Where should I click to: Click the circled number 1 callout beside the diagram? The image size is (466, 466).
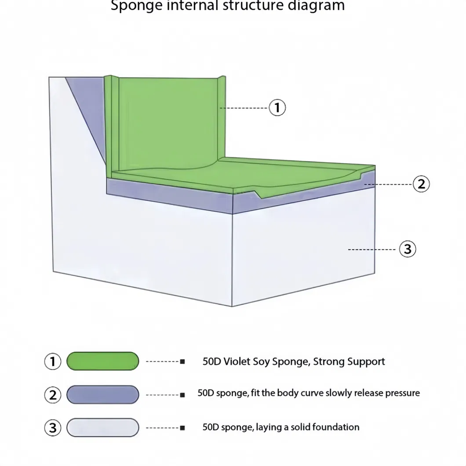[x=277, y=107]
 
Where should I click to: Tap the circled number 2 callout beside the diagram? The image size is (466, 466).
[x=421, y=184]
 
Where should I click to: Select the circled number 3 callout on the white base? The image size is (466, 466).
[x=408, y=249]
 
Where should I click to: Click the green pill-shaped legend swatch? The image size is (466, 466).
[x=103, y=361]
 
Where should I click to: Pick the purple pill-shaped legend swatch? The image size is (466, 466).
[x=103, y=394]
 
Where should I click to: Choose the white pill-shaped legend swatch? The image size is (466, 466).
[x=103, y=427]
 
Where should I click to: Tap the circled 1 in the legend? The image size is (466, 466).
[x=53, y=361]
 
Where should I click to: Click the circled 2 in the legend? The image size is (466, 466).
[x=53, y=394]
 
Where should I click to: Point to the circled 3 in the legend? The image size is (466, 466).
[x=53, y=427]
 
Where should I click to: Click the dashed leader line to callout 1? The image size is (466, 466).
[x=244, y=108]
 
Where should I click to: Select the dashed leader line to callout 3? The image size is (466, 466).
[x=371, y=250]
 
